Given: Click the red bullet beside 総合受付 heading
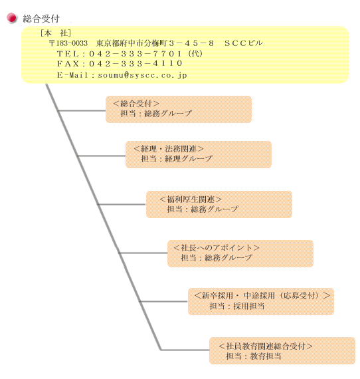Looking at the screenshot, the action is pos(11,18).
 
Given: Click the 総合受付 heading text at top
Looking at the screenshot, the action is pos(41,19).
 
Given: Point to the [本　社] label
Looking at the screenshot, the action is pos(56,33).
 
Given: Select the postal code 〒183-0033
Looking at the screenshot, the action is pos(68,43).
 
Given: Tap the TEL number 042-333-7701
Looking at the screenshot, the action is pos(135,54).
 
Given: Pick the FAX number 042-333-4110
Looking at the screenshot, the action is pos(135,64).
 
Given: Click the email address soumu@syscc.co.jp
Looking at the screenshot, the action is pos(142,75).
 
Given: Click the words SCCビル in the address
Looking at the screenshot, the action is pos(243,43).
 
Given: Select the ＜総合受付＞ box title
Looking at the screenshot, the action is pos(136,104).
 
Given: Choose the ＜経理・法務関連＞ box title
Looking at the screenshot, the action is pos(169,149).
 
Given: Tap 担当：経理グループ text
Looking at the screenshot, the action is pos(177,158).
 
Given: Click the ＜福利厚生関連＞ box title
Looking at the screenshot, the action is pos(190,199).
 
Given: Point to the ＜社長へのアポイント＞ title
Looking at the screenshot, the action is pos(217,248).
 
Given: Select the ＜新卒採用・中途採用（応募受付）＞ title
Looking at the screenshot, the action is pos(262,296).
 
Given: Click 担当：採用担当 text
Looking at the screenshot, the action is pos(237,307).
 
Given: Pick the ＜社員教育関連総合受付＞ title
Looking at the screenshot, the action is pos(266,346).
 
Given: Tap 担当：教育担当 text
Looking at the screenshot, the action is pos(254,356).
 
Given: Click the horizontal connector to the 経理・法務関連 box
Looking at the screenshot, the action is pos(102,156).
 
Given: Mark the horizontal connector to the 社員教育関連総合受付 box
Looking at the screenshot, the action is pos(185,350).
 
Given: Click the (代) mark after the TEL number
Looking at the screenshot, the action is pos(195,54).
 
